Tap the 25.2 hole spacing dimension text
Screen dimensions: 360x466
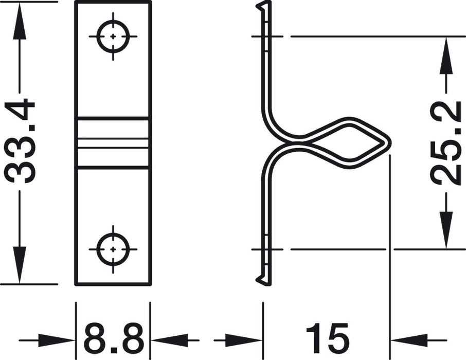(x=446, y=142)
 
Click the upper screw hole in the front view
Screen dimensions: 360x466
(x=113, y=37)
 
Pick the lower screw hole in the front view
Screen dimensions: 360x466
(x=113, y=249)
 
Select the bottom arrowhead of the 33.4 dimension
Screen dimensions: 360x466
(x=20, y=264)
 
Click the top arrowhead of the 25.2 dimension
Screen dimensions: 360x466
(x=446, y=54)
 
